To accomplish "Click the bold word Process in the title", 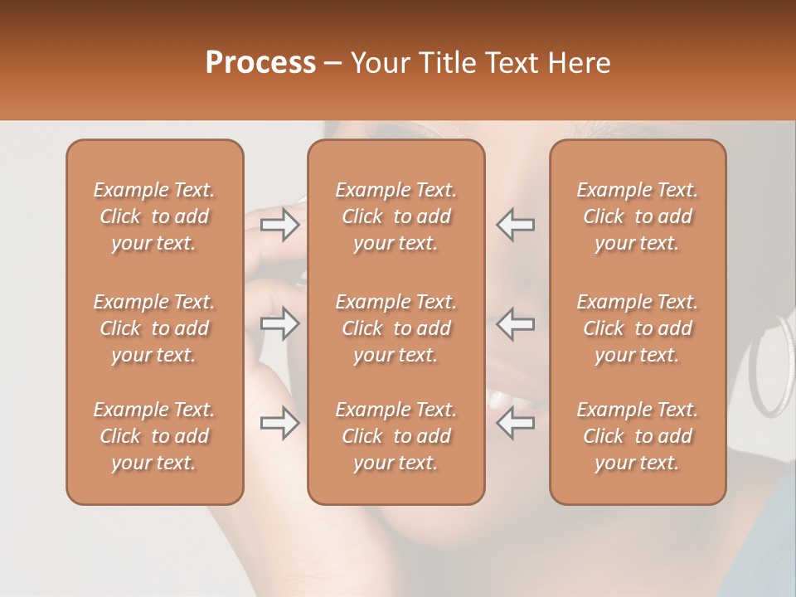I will point(260,63).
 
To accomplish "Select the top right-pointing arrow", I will point(280,225).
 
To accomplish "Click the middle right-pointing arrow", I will point(280,323).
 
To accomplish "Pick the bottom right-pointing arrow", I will point(280,423).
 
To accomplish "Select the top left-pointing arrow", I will point(515,225).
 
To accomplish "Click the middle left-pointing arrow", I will point(515,323).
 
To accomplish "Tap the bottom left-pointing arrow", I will point(515,423).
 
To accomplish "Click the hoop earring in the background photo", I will point(771,365).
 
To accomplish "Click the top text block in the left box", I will point(154,216).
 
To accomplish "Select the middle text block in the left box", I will point(154,328).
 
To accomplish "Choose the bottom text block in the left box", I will point(154,436).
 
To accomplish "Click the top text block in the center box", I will point(396,216).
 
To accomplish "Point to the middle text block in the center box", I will point(396,328).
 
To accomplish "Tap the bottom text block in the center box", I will point(396,436).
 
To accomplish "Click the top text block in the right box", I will point(638,216).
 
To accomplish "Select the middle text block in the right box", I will point(638,328).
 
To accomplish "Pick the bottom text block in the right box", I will point(638,436).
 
